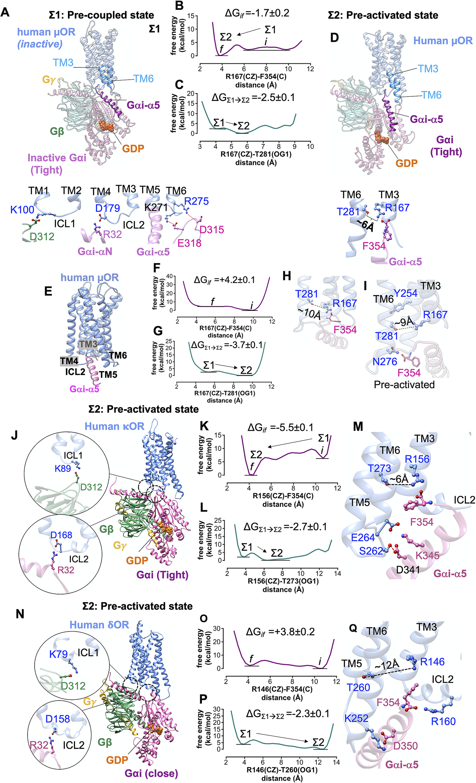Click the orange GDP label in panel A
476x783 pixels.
point(133,148)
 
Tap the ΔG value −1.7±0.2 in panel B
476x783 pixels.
point(257,13)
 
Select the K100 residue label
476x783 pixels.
point(22,210)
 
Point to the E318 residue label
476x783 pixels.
point(189,243)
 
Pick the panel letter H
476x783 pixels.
point(287,276)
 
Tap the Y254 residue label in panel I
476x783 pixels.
point(405,293)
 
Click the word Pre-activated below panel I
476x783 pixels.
point(404,385)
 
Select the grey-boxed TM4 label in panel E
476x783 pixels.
point(69,361)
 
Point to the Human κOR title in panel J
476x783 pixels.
point(114,426)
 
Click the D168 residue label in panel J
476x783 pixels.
point(61,535)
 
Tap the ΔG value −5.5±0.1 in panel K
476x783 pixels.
point(280,427)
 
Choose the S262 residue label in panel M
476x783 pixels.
point(371,551)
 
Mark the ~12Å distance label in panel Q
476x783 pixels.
point(387,665)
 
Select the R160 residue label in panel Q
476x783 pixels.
point(443,721)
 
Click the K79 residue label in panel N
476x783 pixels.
point(58,654)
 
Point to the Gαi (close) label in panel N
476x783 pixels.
point(151,773)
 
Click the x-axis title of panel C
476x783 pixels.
point(256,158)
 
